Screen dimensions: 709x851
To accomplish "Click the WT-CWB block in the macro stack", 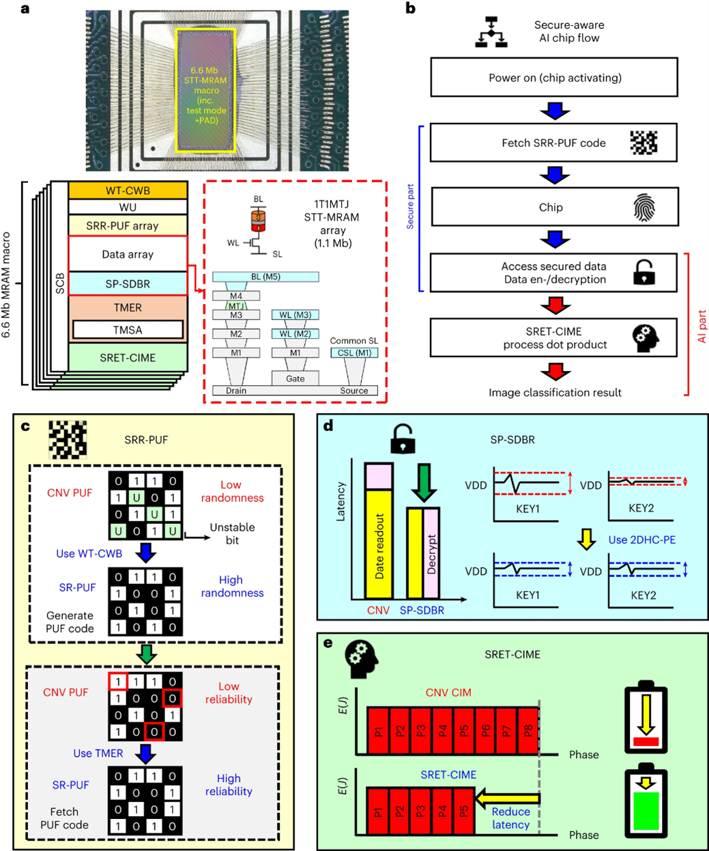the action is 128,191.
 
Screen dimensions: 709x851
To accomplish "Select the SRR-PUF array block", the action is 128,225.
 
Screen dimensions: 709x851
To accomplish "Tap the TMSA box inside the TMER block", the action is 128,329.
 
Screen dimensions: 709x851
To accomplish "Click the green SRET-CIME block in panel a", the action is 128,357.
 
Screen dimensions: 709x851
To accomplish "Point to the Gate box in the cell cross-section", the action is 295,378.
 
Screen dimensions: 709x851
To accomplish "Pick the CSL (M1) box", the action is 354,352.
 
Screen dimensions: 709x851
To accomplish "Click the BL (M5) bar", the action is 265,277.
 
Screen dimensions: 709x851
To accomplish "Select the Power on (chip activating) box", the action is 554,77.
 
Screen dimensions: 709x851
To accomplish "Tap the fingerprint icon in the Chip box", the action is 644,208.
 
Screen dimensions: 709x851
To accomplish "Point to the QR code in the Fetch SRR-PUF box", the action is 643,143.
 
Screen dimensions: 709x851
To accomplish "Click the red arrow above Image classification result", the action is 555,372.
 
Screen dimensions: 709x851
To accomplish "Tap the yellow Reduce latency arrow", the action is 508,798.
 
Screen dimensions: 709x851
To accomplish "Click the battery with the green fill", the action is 646,803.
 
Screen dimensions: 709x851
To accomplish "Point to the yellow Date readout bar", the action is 379,544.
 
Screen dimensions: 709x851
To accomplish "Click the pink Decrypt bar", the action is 432,553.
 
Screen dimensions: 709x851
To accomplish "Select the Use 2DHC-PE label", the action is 642,540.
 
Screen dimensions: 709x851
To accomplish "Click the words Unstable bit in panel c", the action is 232,533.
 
